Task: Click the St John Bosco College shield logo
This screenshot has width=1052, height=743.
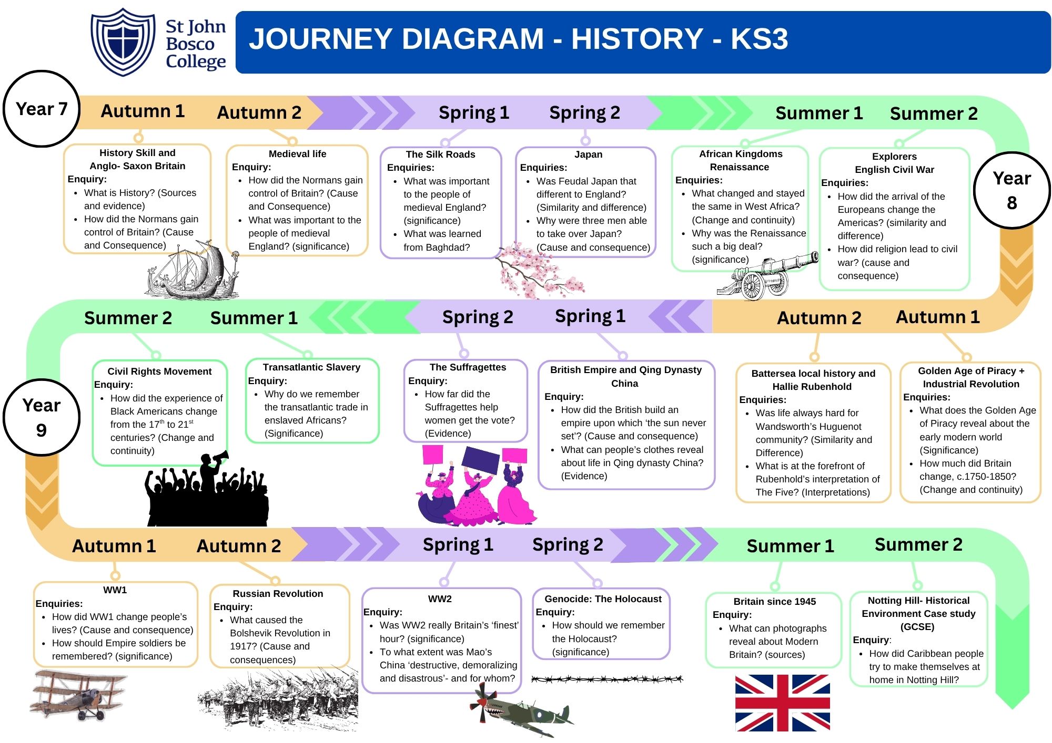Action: point(123,42)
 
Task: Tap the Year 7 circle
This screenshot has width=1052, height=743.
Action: point(42,109)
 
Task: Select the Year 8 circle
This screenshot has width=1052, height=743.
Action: point(1011,190)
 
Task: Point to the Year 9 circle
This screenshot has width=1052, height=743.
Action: point(42,417)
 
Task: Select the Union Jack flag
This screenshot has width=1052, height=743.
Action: point(782,703)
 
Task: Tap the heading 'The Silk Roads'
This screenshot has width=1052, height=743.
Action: point(440,154)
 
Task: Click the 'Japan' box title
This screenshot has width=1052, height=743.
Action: point(588,154)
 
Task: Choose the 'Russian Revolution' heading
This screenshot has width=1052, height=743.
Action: point(278,594)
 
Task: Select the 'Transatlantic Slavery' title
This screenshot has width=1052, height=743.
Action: point(311,367)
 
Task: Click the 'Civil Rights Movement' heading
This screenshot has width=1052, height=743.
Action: point(159,371)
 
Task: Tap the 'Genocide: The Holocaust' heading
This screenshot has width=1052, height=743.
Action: point(603,599)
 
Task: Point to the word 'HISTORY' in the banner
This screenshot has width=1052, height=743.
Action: point(637,39)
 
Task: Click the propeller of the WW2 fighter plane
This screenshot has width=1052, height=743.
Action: point(482,702)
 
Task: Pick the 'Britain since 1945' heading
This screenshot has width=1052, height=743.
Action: point(774,602)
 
